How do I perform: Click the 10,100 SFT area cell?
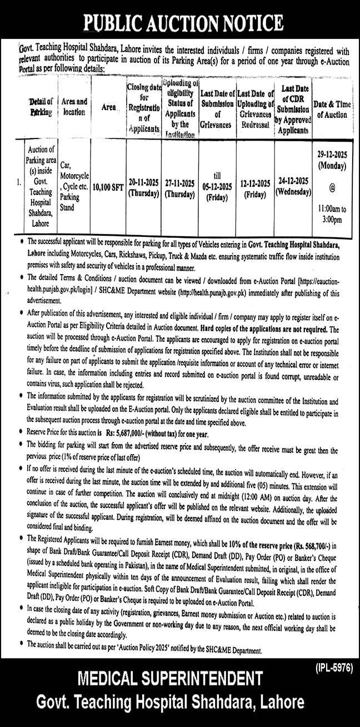(108, 187)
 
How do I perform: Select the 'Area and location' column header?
(74, 107)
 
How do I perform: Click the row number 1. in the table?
(19, 182)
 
